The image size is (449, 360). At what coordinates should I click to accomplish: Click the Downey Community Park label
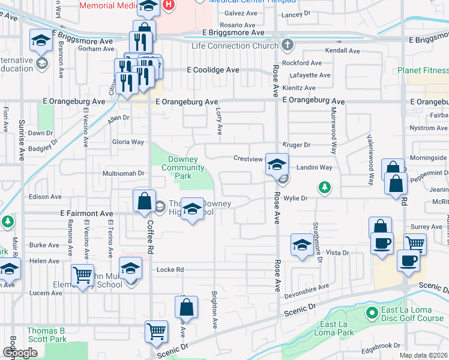pyautogui.click(x=182, y=168)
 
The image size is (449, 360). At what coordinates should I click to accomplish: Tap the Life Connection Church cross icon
pyautogui.click(x=288, y=46)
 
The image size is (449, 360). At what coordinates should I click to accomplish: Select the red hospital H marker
pyautogui.click(x=169, y=5)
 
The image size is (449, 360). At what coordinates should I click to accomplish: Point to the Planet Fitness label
pyautogui.click(x=423, y=70)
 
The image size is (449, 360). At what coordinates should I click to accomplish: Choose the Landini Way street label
pyautogui.click(x=314, y=167)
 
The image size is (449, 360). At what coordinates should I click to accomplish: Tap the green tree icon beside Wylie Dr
pyautogui.click(x=325, y=188)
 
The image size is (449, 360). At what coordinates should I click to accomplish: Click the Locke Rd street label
pyautogui.click(x=170, y=270)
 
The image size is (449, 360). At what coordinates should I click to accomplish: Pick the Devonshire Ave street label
pyautogui.click(x=307, y=287)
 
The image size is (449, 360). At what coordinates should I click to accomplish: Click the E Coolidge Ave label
pyautogui.click(x=213, y=70)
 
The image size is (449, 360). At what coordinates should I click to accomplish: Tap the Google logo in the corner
pyautogui.click(x=20, y=353)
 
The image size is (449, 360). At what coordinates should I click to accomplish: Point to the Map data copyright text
pyautogui.click(x=423, y=356)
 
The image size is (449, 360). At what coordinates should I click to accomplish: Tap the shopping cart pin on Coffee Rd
pyautogui.click(x=157, y=331)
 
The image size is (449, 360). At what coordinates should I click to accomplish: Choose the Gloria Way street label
pyautogui.click(x=128, y=142)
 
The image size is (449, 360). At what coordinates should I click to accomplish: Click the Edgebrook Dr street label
pyautogui.click(x=381, y=345)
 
